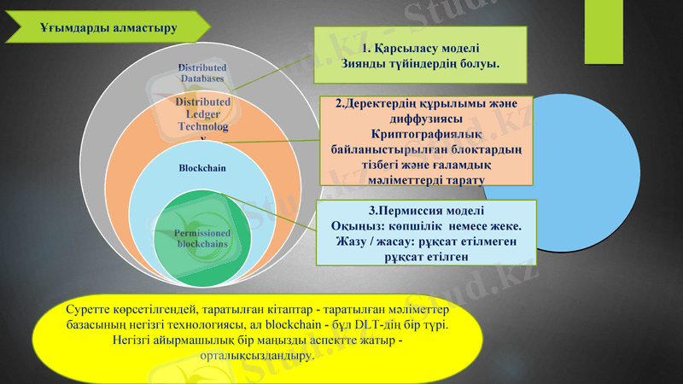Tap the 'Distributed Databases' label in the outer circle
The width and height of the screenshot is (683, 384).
202,73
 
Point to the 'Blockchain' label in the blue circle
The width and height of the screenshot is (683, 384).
202,167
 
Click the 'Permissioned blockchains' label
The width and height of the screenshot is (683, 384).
202,238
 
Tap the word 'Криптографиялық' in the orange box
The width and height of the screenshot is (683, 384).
424,134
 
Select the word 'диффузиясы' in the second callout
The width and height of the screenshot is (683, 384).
424,119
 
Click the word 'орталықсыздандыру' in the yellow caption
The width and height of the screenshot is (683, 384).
256,355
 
